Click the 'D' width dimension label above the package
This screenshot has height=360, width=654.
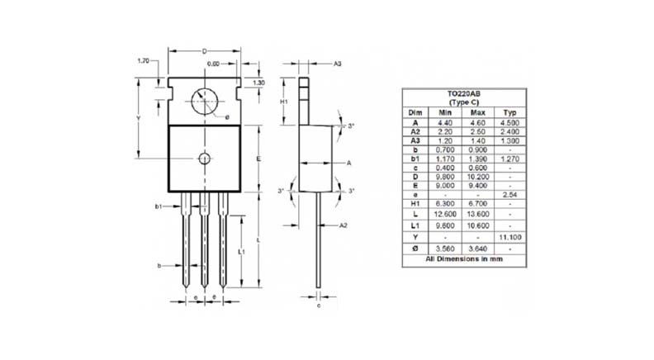(204, 51)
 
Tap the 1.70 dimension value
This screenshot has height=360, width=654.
(143, 62)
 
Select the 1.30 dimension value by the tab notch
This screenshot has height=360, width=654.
(258, 83)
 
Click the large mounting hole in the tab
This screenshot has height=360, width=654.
(204, 102)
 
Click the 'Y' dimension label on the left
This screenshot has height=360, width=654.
(139, 118)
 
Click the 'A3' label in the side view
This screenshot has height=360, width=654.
(338, 63)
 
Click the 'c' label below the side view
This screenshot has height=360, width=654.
(319, 305)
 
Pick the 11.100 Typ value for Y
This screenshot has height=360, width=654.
(509, 236)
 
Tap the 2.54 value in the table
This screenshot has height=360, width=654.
(509, 194)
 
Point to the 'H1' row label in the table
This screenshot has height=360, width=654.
(415, 204)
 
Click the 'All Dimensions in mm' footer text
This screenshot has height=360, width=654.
(463, 258)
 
